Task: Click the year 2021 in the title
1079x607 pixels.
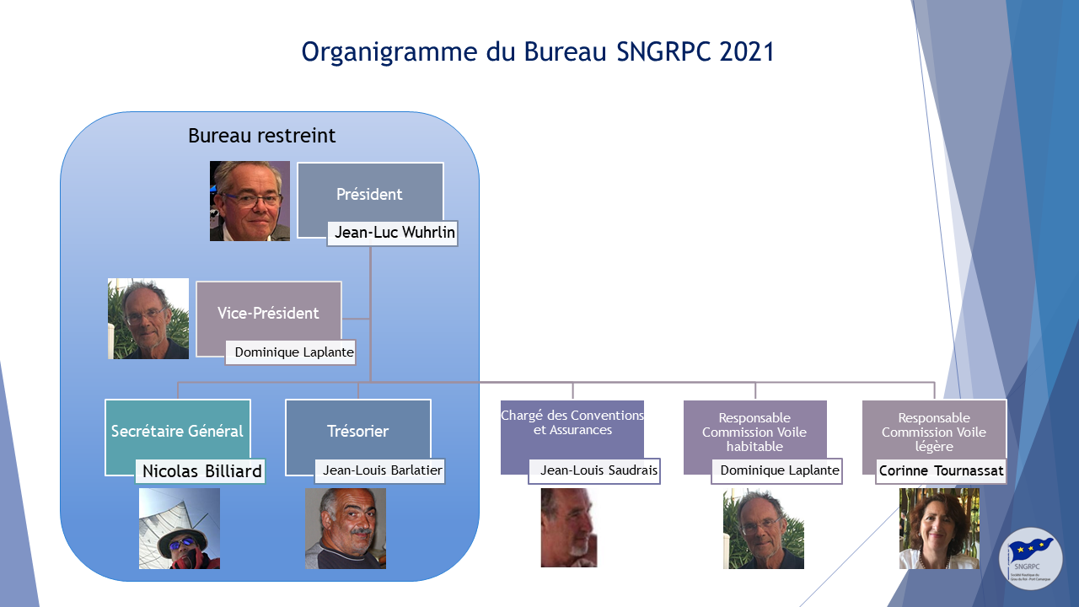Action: coord(747,51)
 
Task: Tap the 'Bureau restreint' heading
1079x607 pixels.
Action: coord(261,136)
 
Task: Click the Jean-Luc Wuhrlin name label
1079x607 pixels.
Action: coord(393,234)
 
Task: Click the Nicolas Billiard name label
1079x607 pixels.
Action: coord(201,471)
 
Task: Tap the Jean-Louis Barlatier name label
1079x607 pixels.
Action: coord(380,470)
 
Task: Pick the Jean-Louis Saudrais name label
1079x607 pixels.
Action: coord(594,470)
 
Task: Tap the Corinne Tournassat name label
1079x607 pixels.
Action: coord(941,470)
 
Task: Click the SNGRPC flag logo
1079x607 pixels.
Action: coord(1030,559)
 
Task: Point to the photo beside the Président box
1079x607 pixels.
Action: coord(250,201)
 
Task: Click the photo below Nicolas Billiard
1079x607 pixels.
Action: coord(180,529)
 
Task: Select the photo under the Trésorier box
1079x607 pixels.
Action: coord(346,529)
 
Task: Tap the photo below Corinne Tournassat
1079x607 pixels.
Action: coord(939,529)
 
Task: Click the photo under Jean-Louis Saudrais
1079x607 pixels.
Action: coord(569,528)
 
